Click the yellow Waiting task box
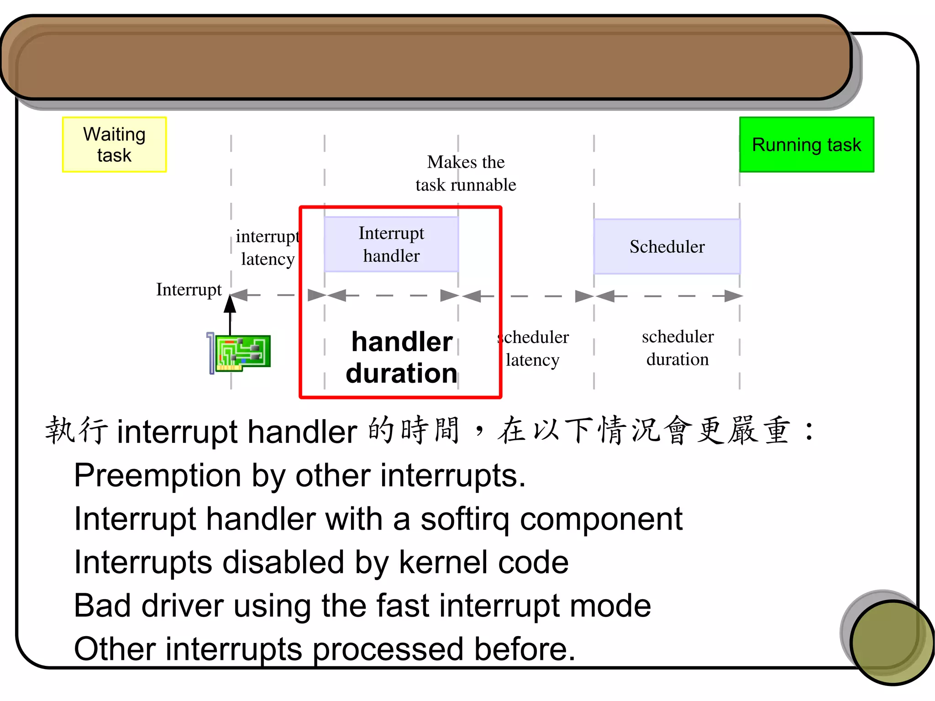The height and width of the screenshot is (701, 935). click(114, 144)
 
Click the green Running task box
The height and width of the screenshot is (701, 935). click(806, 144)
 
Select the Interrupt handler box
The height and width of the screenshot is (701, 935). click(391, 244)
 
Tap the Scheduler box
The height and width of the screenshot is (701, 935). click(667, 247)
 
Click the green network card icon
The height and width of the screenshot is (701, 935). click(242, 353)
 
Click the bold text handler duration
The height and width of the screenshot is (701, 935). click(401, 358)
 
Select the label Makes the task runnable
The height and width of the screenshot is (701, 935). click(466, 174)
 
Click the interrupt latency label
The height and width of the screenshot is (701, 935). click(268, 248)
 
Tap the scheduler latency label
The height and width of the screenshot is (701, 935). click(533, 348)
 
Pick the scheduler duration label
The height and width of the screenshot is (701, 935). click(678, 348)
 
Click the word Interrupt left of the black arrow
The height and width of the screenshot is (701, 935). click(189, 290)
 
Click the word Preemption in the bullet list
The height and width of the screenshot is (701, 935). click(158, 476)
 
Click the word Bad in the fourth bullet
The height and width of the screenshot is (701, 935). click(102, 606)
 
